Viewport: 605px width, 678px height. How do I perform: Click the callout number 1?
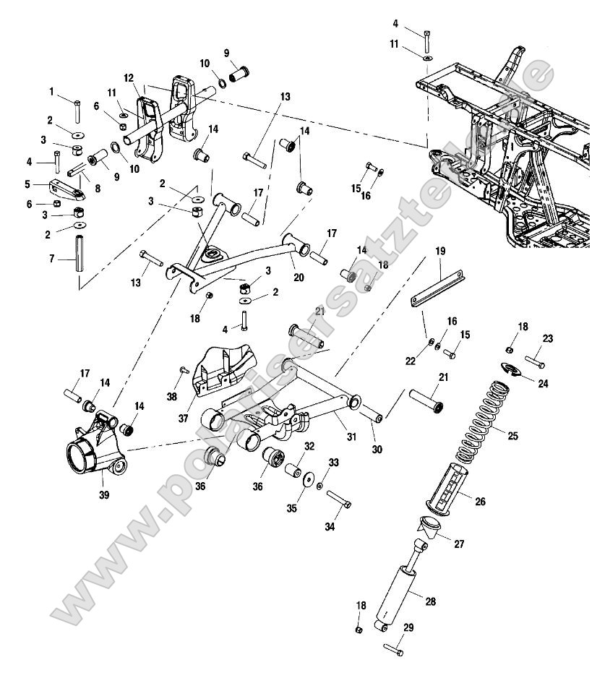click(x=51, y=91)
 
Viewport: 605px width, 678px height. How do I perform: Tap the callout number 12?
click(x=129, y=77)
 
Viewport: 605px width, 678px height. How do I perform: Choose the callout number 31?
click(x=352, y=436)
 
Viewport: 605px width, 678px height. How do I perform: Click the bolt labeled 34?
click(x=339, y=499)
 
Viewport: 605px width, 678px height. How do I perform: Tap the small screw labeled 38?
click(x=182, y=369)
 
